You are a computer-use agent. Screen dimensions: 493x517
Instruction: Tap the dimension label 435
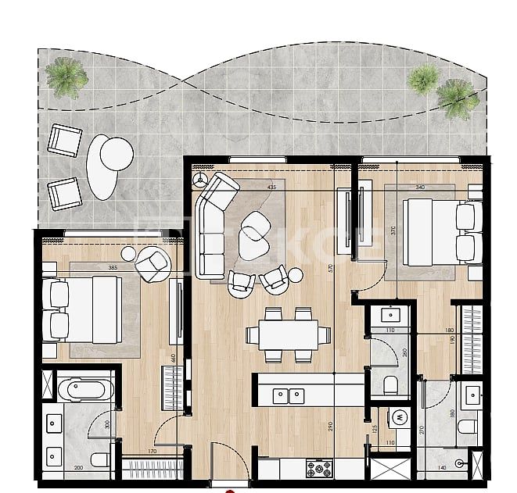(x=271, y=188)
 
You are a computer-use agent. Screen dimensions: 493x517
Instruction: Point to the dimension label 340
(x=420, y=188)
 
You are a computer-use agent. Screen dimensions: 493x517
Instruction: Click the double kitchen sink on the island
(x=289, y=395)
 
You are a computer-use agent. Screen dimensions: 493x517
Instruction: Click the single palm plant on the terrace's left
(x=66, y=77)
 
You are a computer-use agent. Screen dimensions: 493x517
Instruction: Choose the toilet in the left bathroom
(x=99, y=459)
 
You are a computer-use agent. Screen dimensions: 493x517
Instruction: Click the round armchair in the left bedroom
(x=153, y=264)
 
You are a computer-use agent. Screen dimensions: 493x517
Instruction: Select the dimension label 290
(x=331, y=427)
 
